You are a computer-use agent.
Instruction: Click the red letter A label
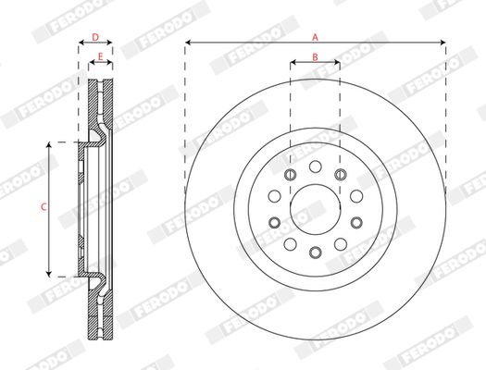315,38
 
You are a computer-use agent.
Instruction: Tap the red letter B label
315,57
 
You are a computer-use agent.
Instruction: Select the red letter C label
44,207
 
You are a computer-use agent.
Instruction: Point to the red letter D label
95,37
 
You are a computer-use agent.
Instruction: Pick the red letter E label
100,56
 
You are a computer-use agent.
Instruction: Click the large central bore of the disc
316,210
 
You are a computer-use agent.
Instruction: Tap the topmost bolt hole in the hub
316,166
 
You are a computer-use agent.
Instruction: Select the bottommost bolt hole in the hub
316,253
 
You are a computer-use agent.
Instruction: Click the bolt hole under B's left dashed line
290,175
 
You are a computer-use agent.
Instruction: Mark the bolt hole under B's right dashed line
341,175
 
